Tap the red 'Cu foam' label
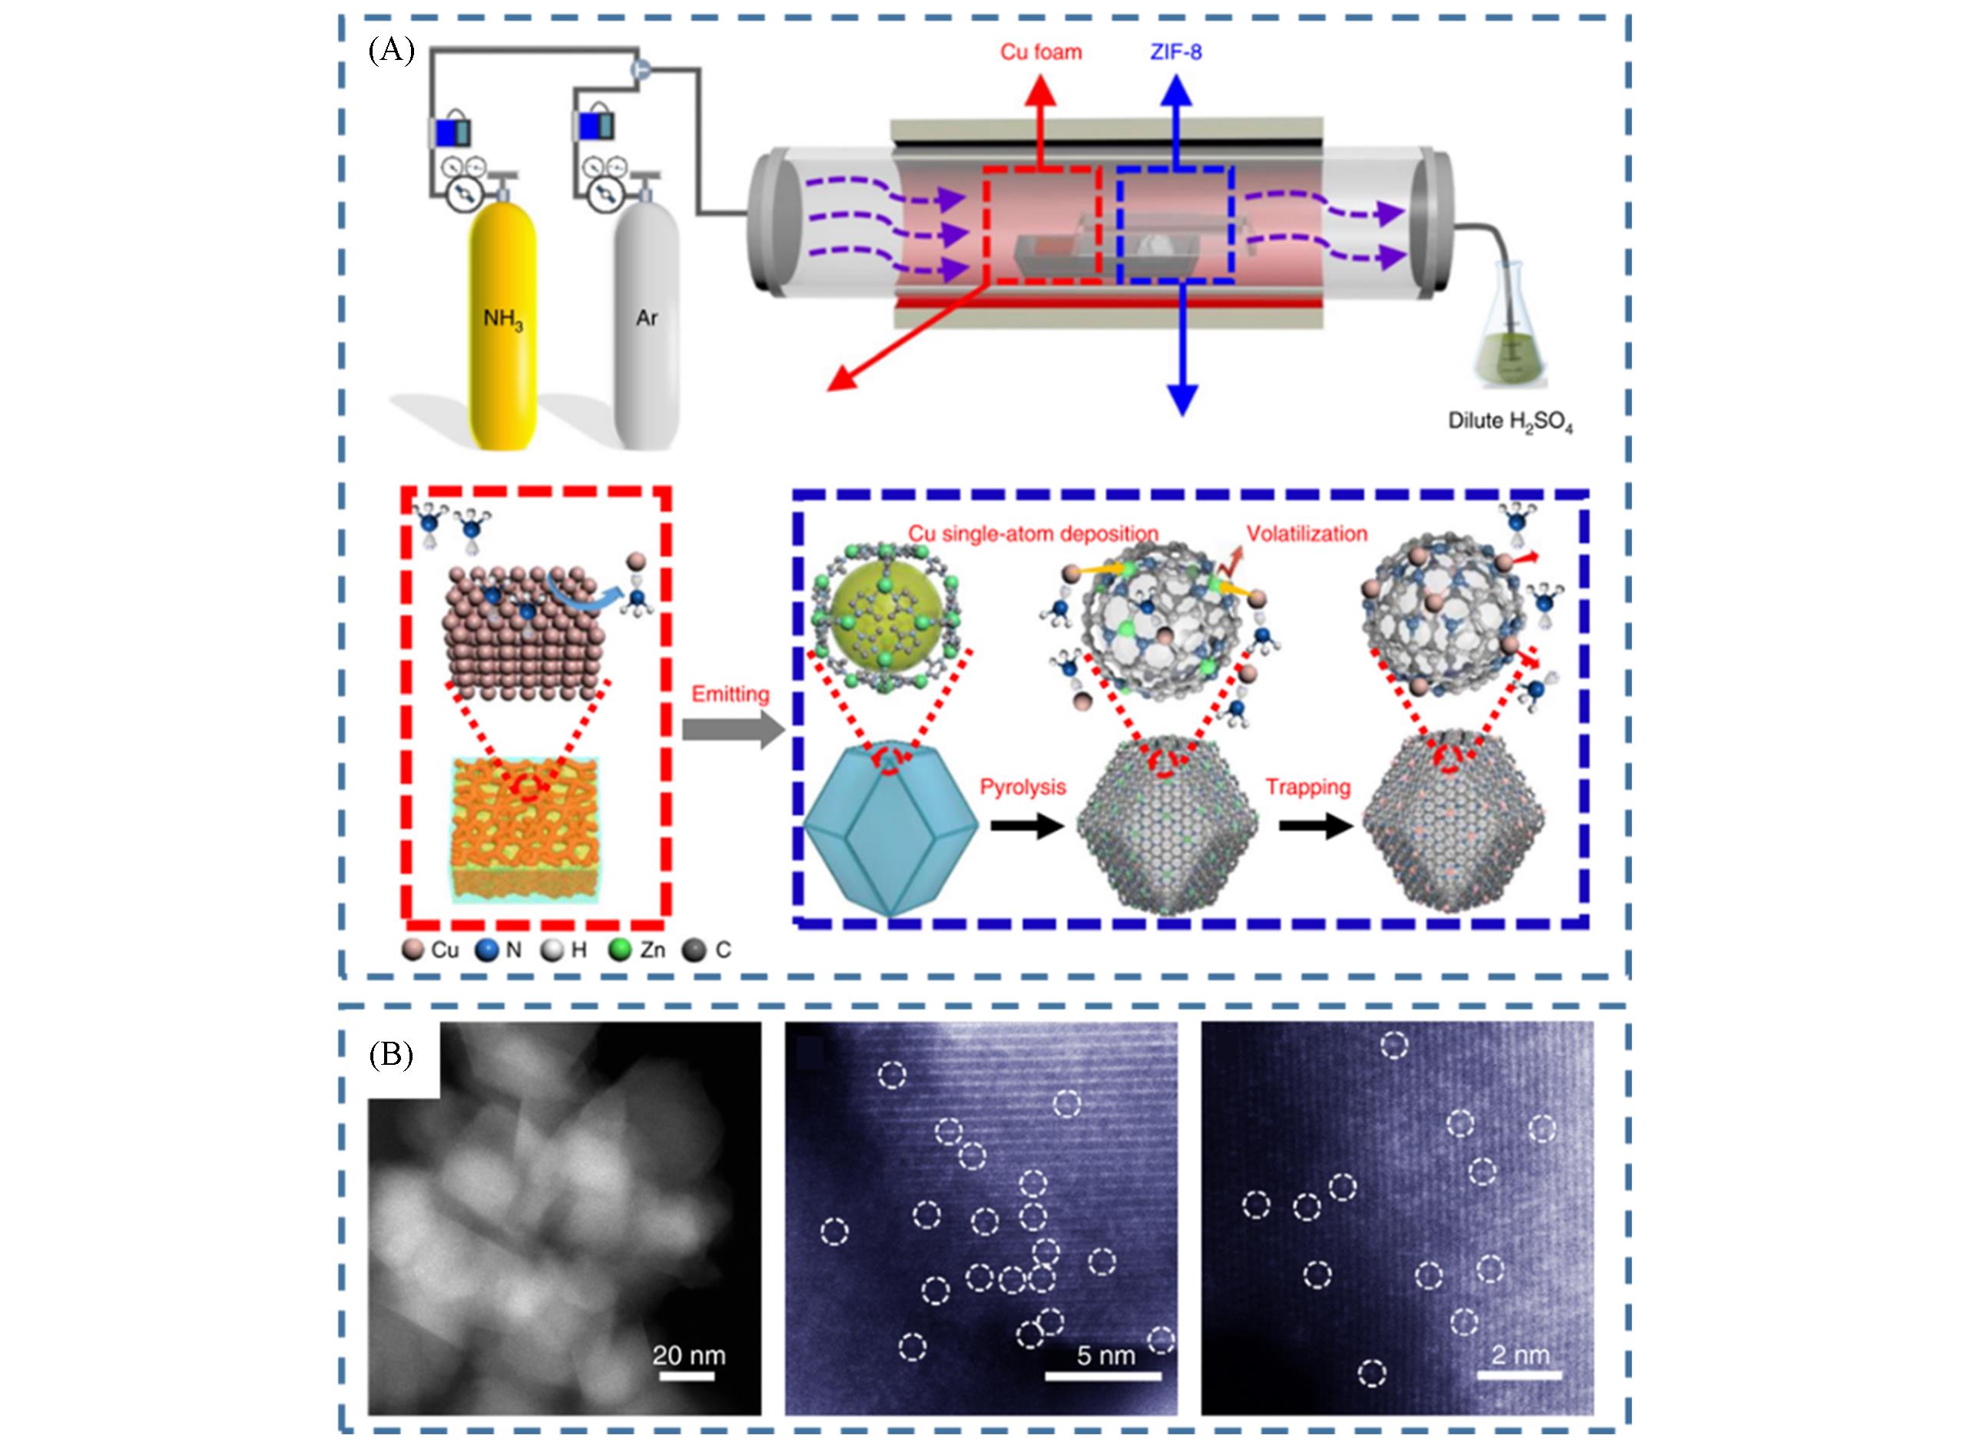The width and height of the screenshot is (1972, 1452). tap(1040, 53)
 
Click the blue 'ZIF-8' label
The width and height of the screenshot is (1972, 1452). tap(1176, 53)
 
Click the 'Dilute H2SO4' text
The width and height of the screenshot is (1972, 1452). tap(1510, 422)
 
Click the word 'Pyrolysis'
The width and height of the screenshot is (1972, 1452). tap(1023, 787)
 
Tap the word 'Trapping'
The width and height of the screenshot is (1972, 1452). tap(1307, 787)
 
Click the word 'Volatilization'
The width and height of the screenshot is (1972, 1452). tap(1307, 533)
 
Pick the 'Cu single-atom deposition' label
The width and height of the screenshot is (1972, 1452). tap(1033, 533)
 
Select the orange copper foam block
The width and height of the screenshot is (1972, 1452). tap(525, 829)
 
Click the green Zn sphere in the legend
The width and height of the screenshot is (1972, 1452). tap(621, 950)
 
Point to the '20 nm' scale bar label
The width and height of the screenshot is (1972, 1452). tap(689, 1355)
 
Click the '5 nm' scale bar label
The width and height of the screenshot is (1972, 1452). tap(1105, 1355)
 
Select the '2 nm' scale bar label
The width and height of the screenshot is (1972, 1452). tap(1520, 1355)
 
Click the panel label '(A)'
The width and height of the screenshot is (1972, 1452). tap(391, 51)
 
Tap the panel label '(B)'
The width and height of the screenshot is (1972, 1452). tap(391, 1055)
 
